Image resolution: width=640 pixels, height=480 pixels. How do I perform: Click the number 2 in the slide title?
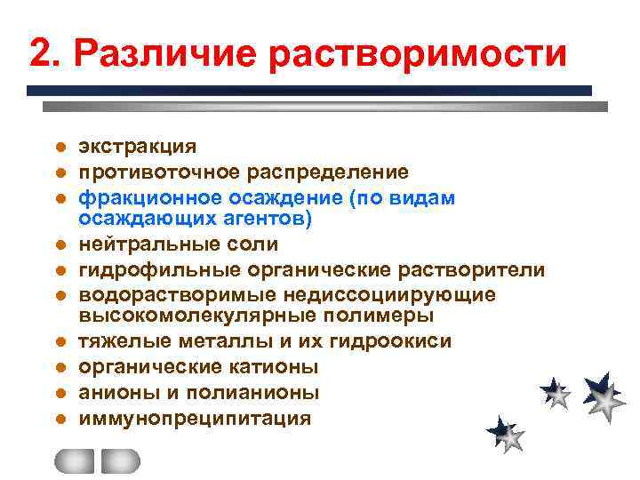coord(39,52)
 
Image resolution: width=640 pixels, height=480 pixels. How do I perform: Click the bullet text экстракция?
coord(138,146)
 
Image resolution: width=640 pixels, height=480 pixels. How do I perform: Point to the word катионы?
coord(280,366)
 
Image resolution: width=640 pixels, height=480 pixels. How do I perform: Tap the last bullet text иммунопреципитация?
coord(195,417)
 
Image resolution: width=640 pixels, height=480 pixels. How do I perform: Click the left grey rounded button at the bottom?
coord(74,460)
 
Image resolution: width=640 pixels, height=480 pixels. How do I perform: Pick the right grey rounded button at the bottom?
coord(121,460)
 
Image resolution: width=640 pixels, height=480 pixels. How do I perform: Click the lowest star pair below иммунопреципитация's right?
coord(506,434)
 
